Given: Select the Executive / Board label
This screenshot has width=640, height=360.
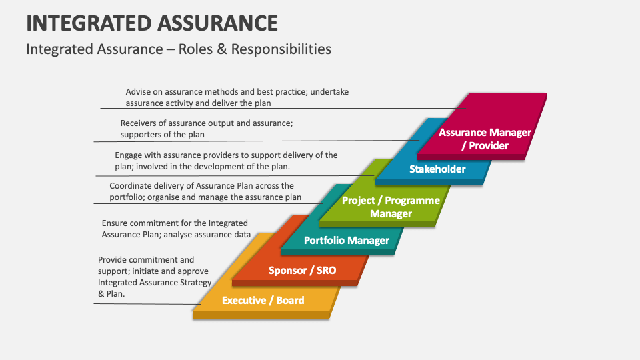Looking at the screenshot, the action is [x=263, y=301].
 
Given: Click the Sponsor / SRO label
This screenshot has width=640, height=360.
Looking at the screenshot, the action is [x=303, y=270].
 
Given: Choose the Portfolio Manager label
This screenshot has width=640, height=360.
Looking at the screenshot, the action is [x=347, y=241].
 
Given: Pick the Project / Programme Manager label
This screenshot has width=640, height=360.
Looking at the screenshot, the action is [x=391, y=207].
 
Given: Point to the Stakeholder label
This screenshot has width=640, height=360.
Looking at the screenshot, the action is [x=437, y=169].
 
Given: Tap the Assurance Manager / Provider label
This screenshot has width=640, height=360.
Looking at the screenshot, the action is [x=485, y=139].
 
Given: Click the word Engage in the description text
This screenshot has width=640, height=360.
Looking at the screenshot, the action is [x=128, y=155].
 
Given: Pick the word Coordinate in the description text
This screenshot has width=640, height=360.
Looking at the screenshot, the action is [x=129, y=186].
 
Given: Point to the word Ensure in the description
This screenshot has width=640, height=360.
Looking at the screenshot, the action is [x=115, y=223].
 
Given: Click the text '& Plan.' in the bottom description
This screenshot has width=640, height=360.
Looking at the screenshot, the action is [x=111, y=294].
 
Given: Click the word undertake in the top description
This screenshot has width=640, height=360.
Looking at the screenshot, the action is [x=329, y=92].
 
